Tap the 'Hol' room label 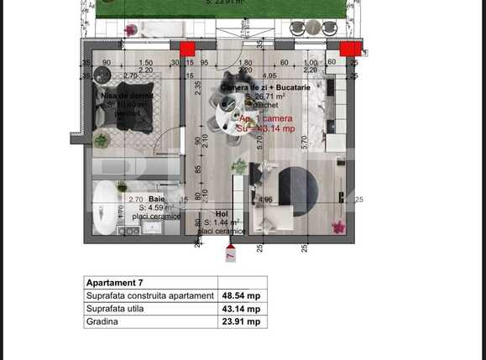221,214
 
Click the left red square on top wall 187,49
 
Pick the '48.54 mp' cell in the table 240,296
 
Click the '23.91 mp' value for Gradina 240,321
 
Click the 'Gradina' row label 102,321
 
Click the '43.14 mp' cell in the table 240,309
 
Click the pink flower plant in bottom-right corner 339,227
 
